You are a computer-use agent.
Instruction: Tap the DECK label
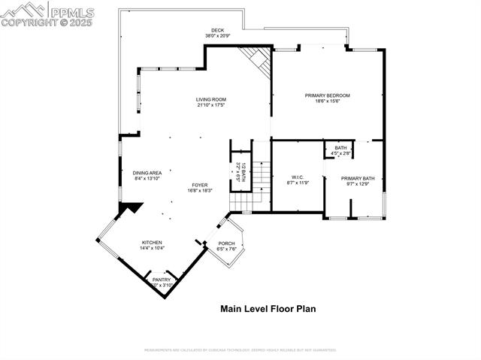click(217, 31)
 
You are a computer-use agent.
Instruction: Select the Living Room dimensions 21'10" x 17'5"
click(211, 105)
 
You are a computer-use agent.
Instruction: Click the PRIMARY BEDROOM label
click(327, 95)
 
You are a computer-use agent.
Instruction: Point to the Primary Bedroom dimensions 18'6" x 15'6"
click(327, 101)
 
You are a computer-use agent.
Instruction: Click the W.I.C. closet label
click(298, 177)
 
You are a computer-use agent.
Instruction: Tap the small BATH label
click(340, 147)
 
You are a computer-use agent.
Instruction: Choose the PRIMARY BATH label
click(358, 178)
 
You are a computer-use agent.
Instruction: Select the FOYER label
click(199, 185)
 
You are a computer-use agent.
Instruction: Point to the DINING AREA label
click(147, 172)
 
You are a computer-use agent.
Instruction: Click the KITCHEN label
click(152, 242)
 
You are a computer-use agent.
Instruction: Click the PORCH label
click(226, 244)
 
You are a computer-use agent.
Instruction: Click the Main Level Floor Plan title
click(268, 308)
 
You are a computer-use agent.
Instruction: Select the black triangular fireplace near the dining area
click(131, 207)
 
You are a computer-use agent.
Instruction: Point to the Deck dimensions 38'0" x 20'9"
click(217, 36)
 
